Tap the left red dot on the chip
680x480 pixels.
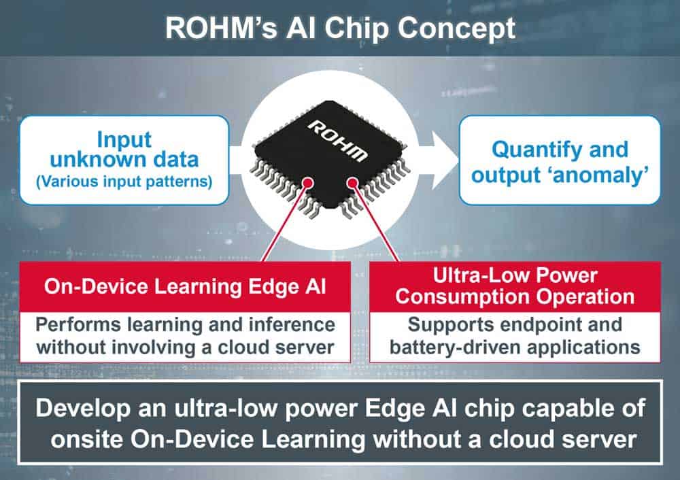click(x=309, y=182)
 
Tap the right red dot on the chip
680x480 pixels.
click(x=352, y=182)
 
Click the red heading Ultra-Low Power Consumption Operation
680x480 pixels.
click(x=515, y=286)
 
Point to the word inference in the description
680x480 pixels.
click(x=292, y=324)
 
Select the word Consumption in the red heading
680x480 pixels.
click(x=469, y=296)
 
